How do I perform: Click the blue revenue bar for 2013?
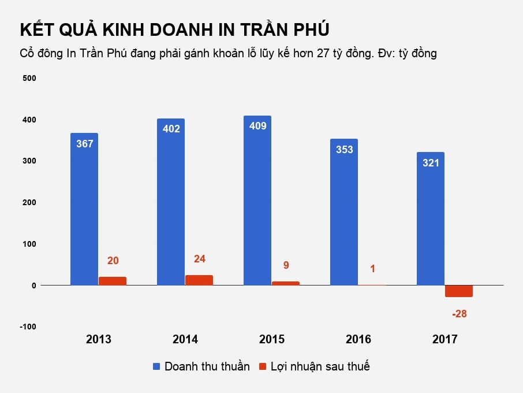point(84,214)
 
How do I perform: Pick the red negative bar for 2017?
point(459,291)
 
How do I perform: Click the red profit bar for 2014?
point(199,280)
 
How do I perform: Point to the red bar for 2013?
point(113,281)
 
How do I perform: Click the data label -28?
point(460,314)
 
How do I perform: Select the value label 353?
point(344,150)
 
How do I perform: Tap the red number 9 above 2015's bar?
point(286,266)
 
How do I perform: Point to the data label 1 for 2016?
point(372,269)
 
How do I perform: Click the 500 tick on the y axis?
point(29,77)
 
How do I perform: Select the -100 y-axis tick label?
point(27,327)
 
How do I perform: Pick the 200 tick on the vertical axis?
point(29,202)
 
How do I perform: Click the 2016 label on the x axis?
point(358,339)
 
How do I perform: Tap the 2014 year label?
point(185,339)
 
